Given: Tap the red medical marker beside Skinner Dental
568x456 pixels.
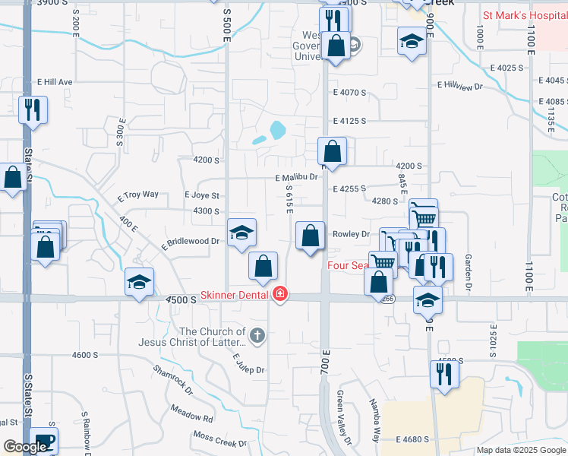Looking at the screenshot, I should click(280, 293).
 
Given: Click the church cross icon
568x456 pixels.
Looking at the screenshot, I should click(257, 334).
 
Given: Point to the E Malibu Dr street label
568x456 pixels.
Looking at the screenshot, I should click(296, 177).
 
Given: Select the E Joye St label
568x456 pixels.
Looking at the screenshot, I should click(202, 195).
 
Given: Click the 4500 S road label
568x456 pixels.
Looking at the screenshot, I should click(183, 300).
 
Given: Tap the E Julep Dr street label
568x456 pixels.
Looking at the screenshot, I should click(248, 364).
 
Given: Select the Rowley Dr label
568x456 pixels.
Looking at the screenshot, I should click(351, 234).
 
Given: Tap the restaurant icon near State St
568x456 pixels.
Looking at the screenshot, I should click(33, 109).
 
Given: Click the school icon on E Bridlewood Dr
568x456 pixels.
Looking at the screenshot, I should click(242, 232).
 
